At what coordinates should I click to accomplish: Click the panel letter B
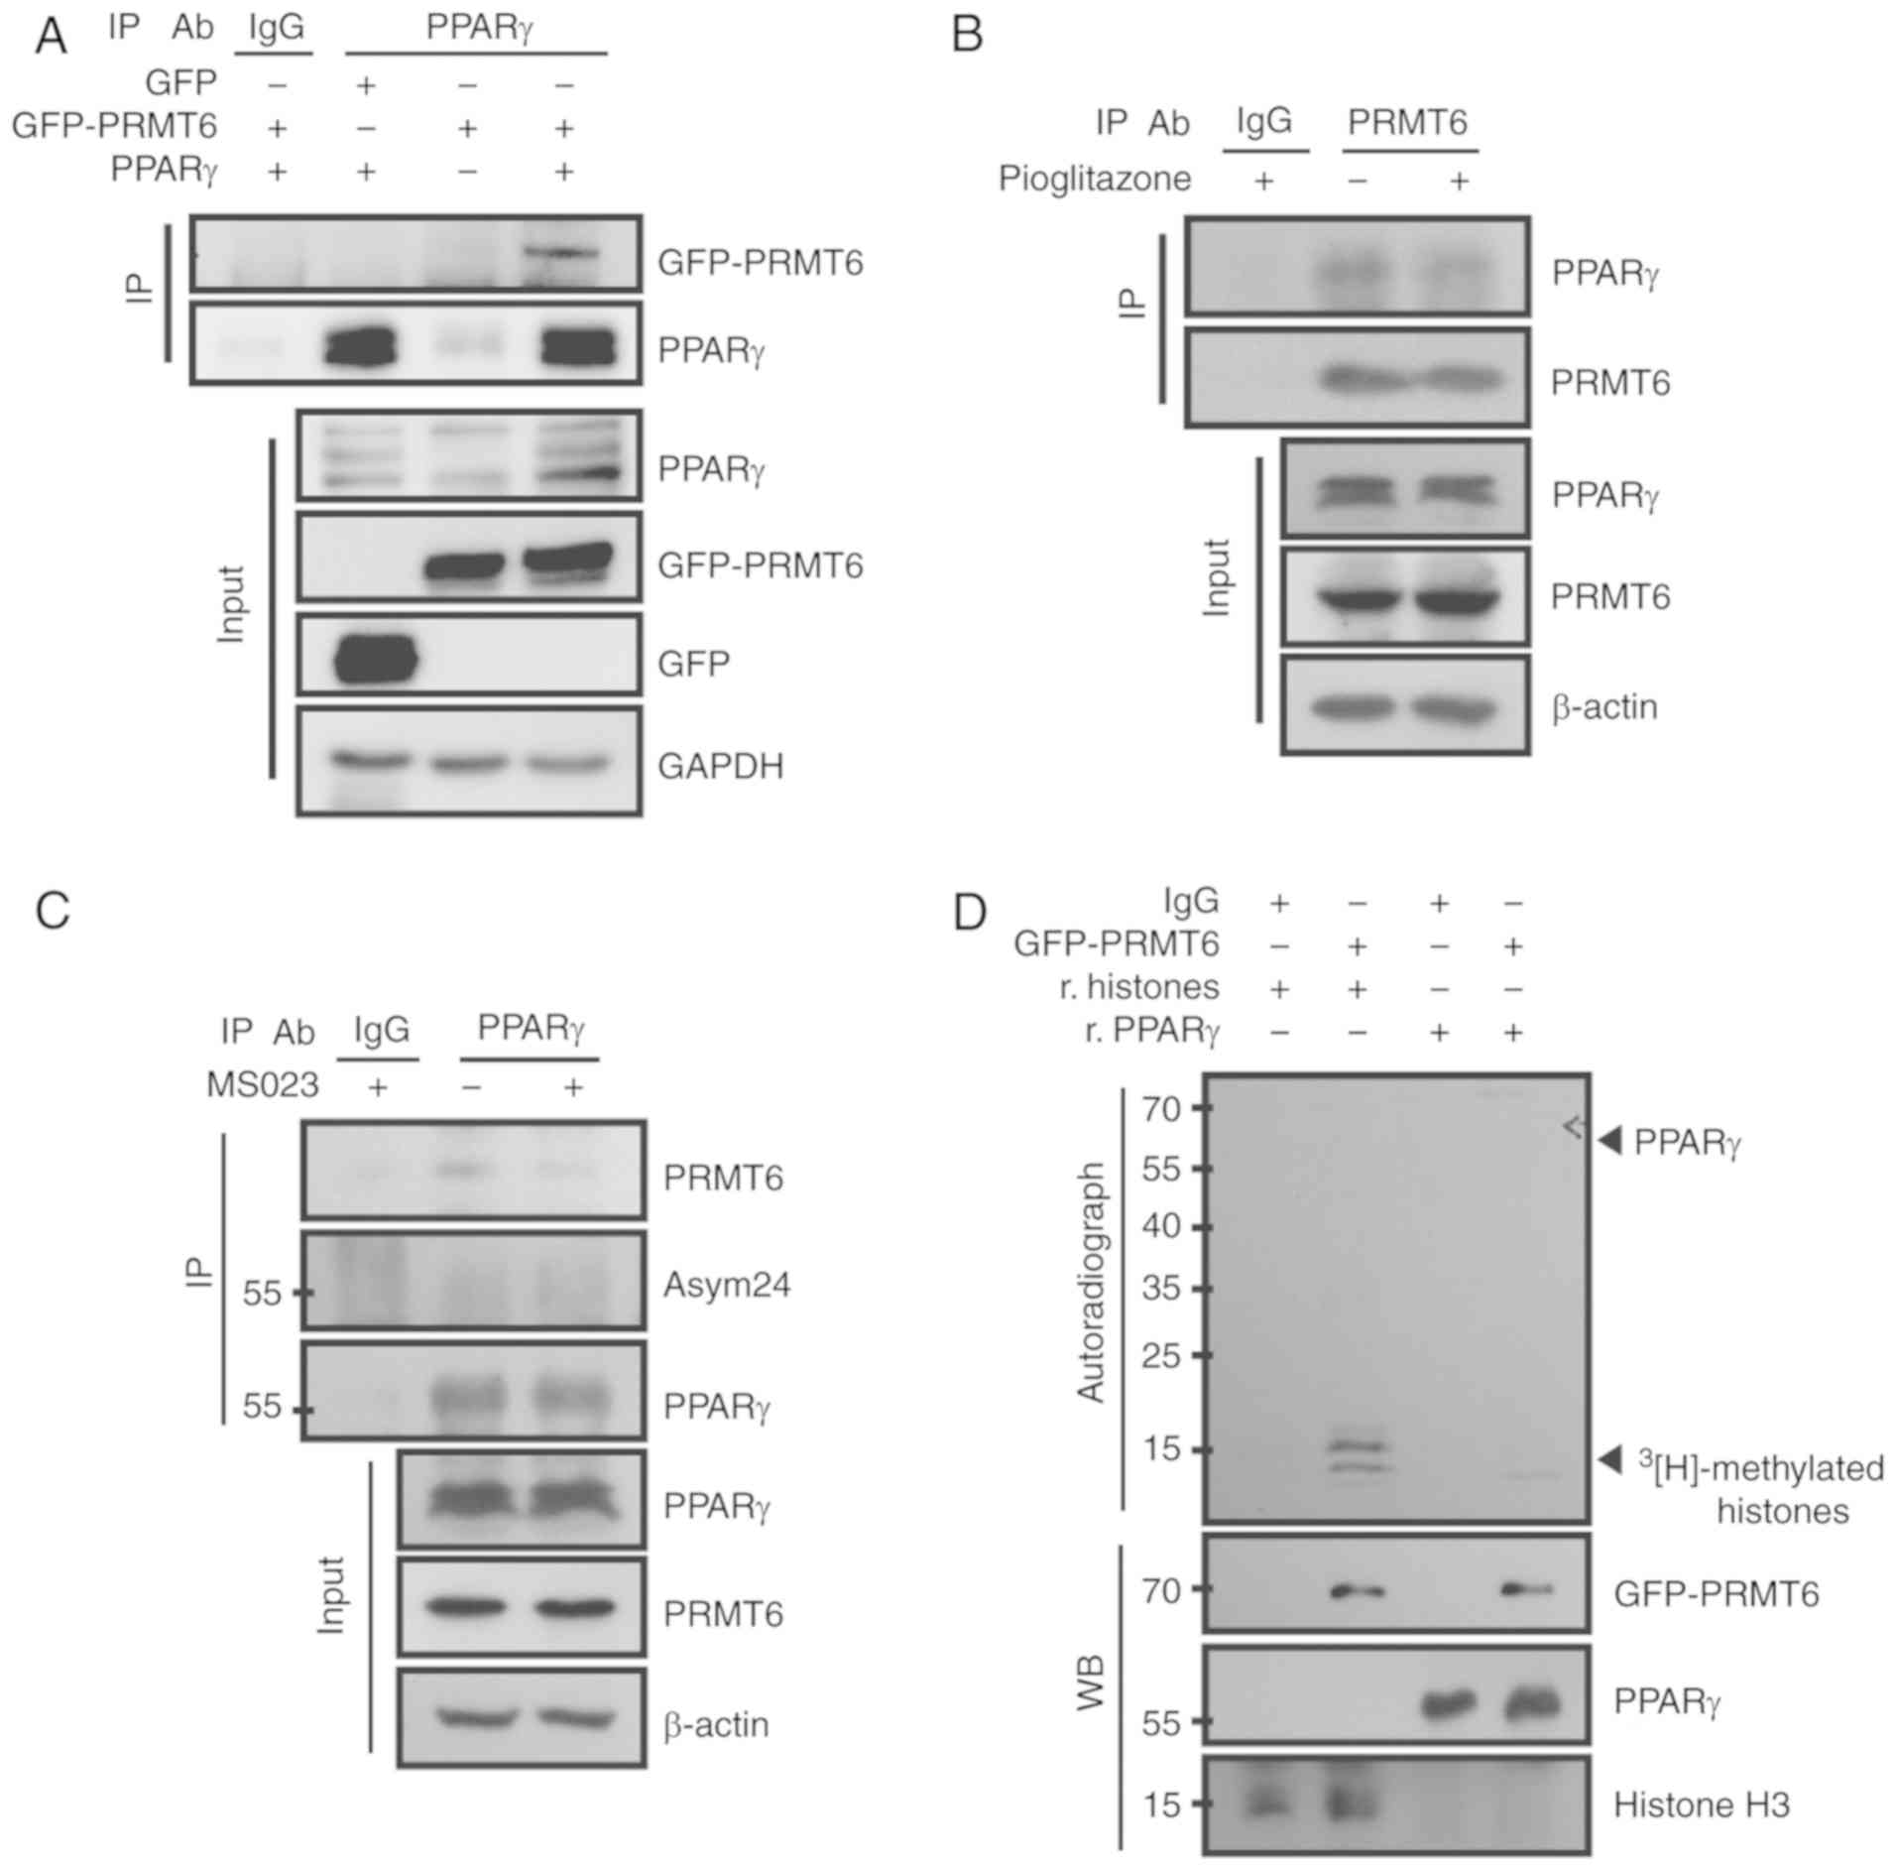coord(967,35)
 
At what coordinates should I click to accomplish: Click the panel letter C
coord(52,910)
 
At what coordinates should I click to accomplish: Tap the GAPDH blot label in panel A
coord(720,766)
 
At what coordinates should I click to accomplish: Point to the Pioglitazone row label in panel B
coord(1094,179)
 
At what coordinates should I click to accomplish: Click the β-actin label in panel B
coord(1603,707)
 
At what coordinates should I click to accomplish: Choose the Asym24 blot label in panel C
coord(726,1286)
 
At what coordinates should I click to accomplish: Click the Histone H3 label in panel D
coord(1702,1805)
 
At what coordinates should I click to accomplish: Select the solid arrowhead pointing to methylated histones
coord(1610,1458)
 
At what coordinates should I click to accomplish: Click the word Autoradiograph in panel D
coord(1091,1283)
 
